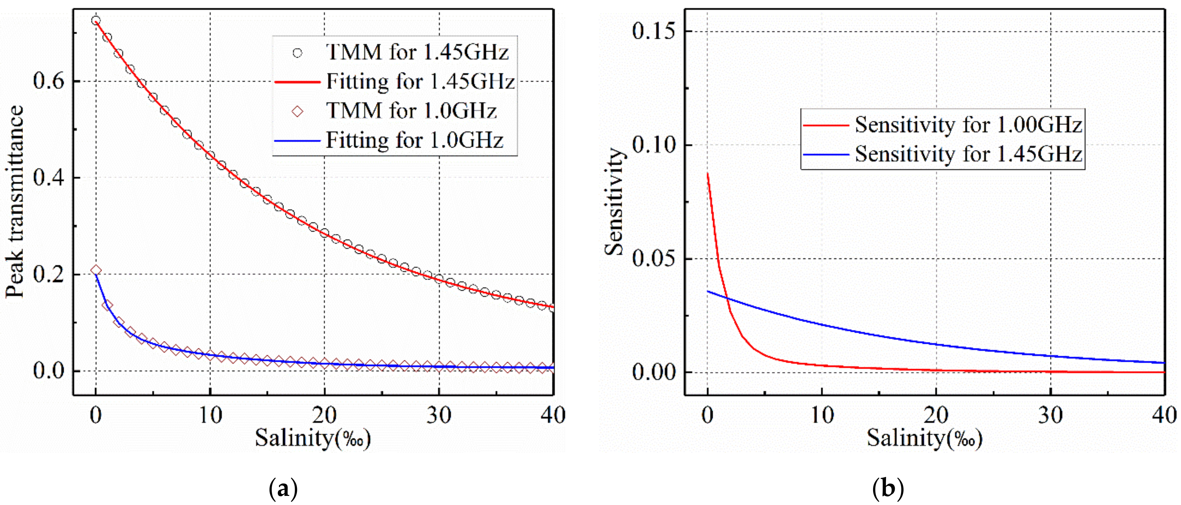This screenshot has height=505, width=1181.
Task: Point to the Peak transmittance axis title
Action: click(15, 202)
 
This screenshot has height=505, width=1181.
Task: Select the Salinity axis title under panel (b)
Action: click(924, 438)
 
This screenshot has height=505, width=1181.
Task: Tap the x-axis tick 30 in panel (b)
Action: click(1050, 416)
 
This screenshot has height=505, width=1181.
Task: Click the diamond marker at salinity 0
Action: click(96, 270)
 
